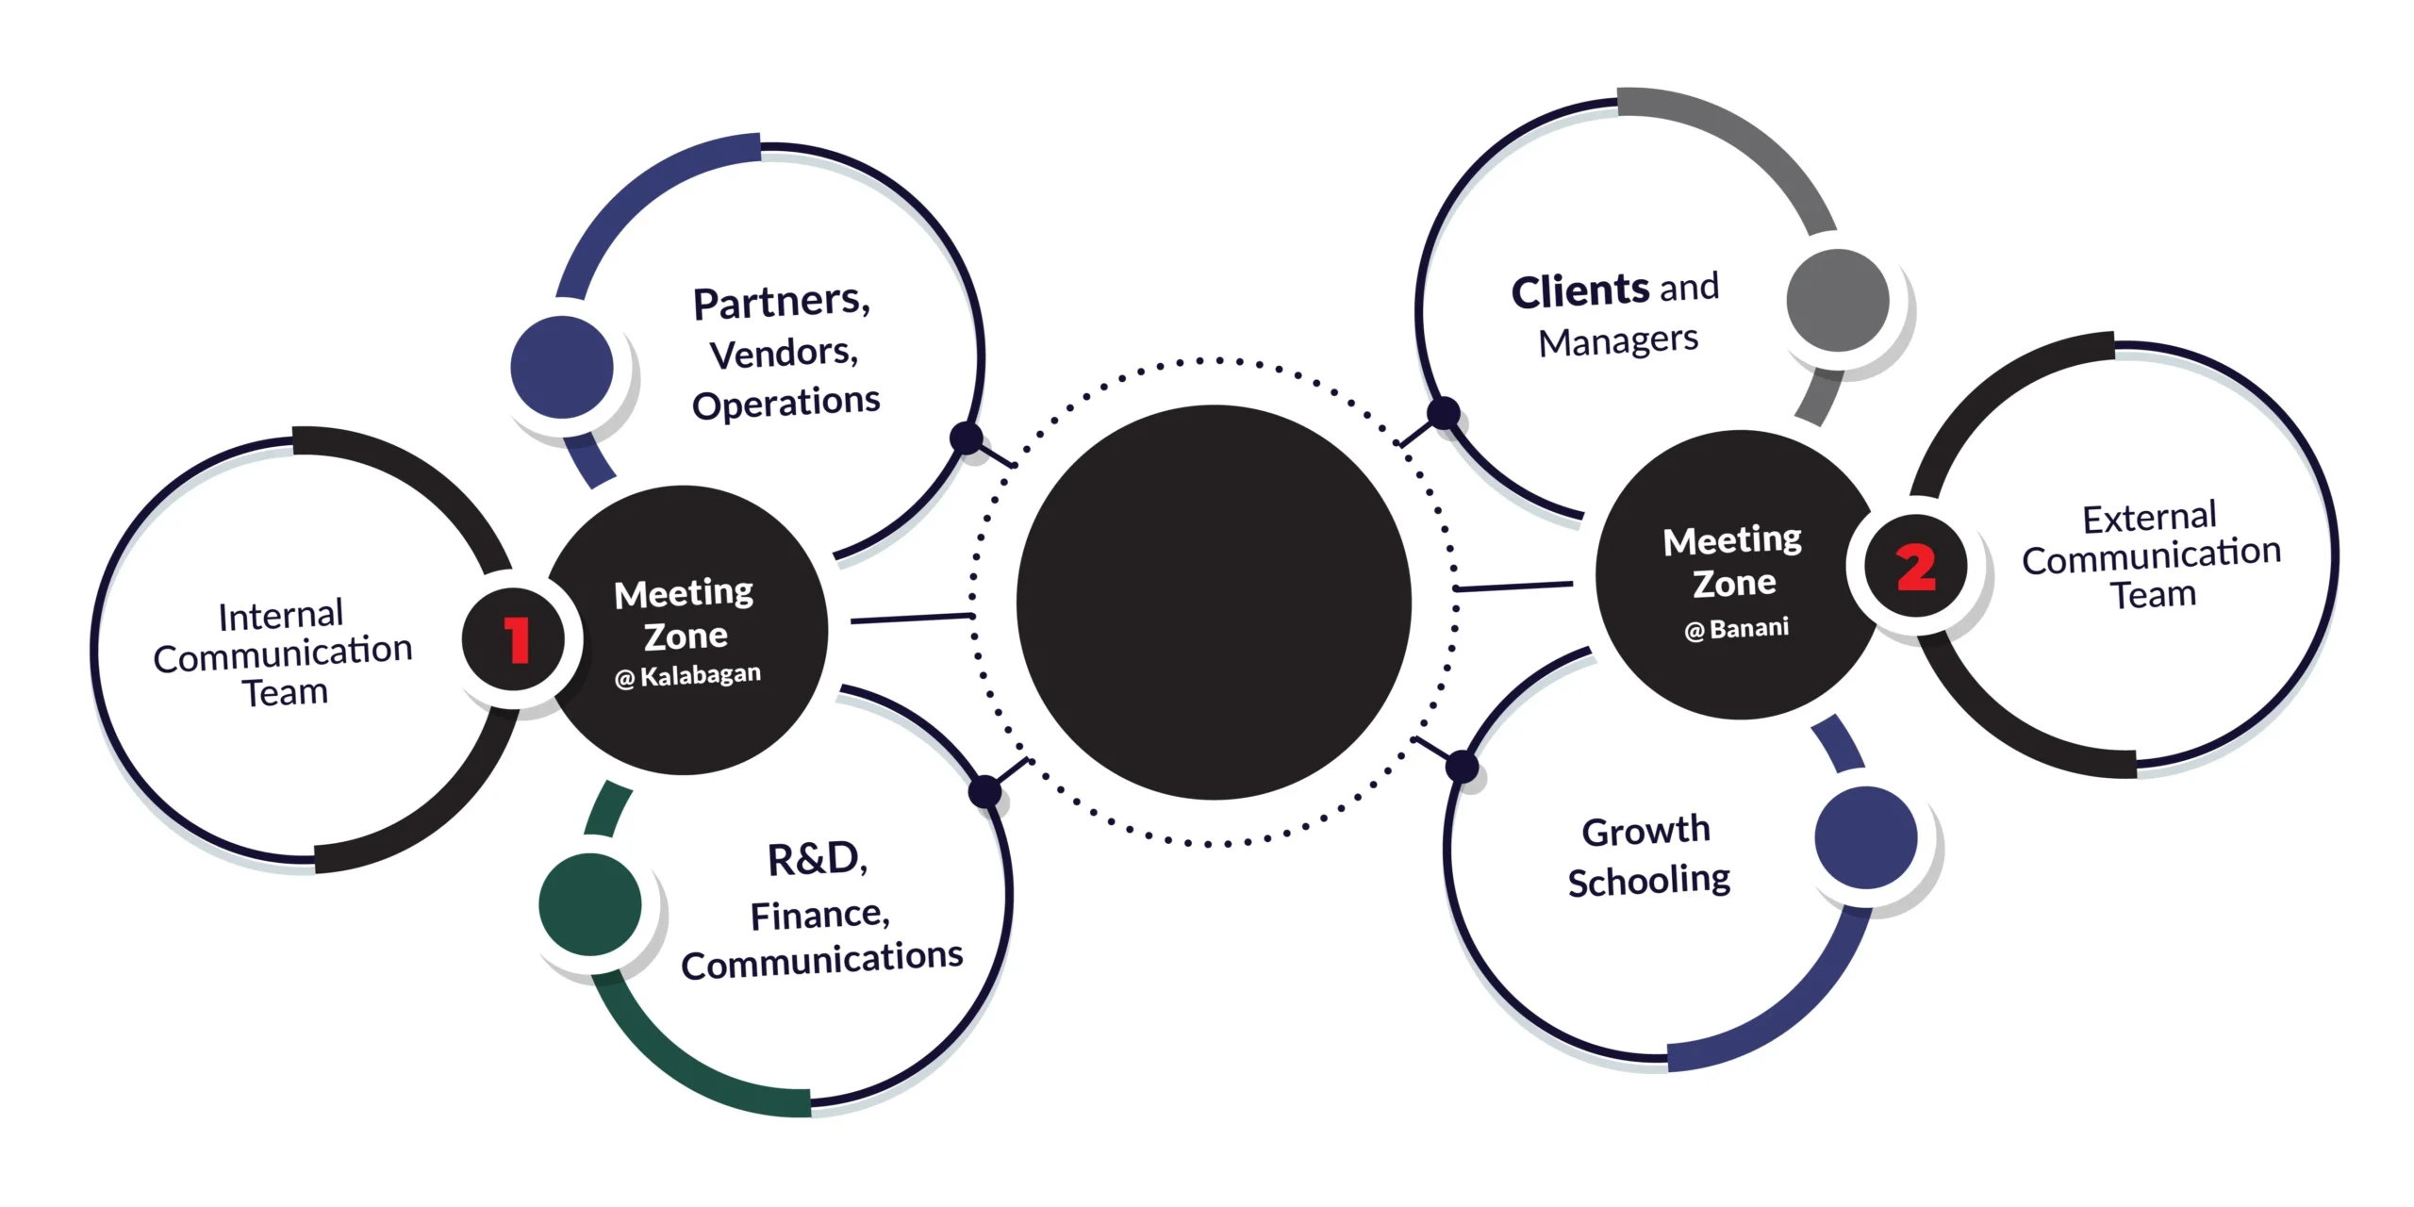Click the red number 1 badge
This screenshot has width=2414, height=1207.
(x=514, y=639)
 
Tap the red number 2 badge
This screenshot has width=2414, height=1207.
(x=1915, y=567)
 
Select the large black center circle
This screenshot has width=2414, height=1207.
(x=1214, y=603)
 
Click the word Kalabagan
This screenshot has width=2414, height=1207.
(x=700, y=674)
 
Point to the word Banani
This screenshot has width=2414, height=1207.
(x=1748, y=628)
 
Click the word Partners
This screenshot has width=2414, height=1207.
(x=781, y=303)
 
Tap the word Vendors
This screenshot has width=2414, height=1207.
(x=783, y=354)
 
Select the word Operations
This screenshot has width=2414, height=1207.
(x=785, y=404)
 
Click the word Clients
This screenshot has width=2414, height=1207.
(x=1580, y=291)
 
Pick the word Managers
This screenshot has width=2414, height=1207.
(x=1618, y=340)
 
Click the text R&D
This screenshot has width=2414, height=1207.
(x=817, y=859)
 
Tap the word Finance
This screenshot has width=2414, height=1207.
(x=819, y=915)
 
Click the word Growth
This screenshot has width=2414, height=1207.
(x=1645, y=831)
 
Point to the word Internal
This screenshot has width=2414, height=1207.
(x=280, y=615)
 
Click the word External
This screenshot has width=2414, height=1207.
(x=2149, y=518)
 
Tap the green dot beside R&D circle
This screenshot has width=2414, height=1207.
(x=590, y=904)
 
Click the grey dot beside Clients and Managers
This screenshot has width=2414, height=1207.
(x=1838, y=301)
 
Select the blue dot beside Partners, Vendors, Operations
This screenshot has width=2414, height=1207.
(x=562, y=367)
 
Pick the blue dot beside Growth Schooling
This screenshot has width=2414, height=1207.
(x=1865, y=837)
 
